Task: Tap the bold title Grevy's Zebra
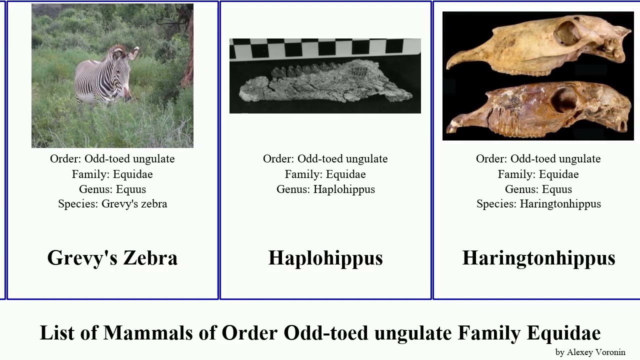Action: click(x=112, y=258)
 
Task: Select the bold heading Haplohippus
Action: click(x=325, y=258)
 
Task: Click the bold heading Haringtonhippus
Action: click(x=538, y=258)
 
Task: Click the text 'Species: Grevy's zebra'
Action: click(x=112, y=204)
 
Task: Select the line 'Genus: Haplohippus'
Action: click(x=325, y=189)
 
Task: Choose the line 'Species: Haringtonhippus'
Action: click(x=538, y=204)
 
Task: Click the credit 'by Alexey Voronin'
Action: click(x=590, y=352)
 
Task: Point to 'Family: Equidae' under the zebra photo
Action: click(x=112, y=174)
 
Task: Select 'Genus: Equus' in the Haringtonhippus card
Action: click(x=538, y=189)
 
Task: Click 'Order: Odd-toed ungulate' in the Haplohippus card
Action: click(x=325, y=159)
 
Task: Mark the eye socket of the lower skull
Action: click(x=564, y=100)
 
